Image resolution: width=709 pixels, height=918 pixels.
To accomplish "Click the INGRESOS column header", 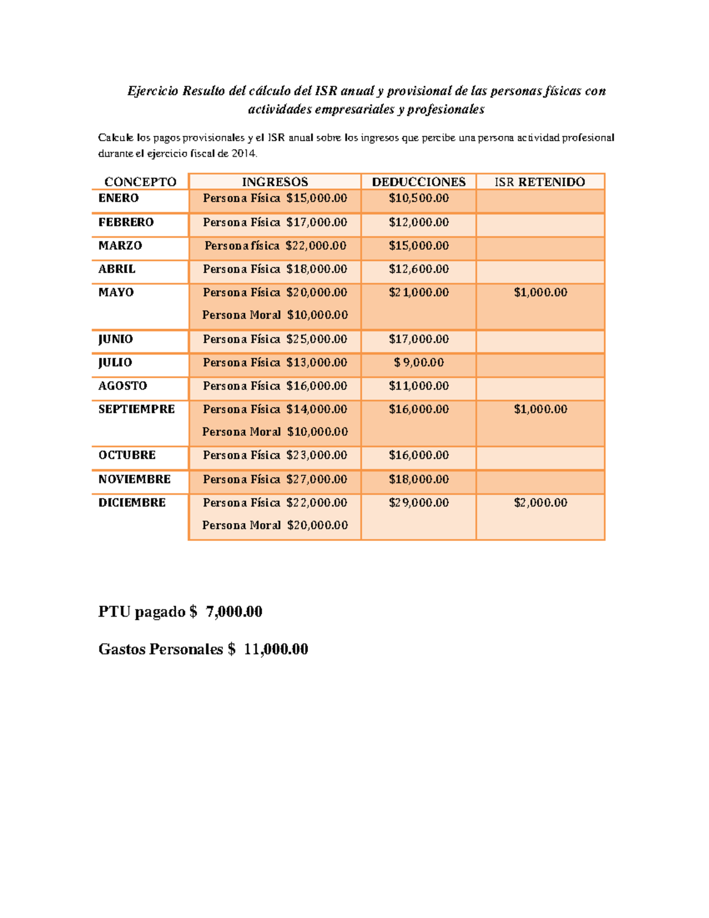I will click(275, 182).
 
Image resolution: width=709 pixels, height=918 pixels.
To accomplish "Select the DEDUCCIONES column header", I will click(418, 182).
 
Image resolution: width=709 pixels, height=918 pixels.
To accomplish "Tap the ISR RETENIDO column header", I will click(539, 182).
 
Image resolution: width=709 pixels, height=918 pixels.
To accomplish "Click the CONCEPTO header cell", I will click(140, 182).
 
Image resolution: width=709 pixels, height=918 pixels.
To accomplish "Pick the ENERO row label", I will click(118, 198).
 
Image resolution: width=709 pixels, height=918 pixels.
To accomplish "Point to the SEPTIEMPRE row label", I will click(136, 409).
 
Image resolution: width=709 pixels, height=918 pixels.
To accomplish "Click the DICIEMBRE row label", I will click(132, 502).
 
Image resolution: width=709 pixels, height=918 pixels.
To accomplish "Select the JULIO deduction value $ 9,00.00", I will click(418, 362).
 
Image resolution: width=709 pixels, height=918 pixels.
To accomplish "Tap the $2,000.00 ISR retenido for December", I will click(540, 502).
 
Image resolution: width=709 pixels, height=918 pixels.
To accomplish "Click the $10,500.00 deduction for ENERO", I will click(418, 198).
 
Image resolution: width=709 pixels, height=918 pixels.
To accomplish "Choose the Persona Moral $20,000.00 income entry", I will click(275, 525).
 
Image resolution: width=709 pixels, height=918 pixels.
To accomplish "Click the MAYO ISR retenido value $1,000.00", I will click(540, 292).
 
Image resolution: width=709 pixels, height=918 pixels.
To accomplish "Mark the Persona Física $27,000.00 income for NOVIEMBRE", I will click(275, 479).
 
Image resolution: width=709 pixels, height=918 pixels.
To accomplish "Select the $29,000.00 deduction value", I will click(418, 502).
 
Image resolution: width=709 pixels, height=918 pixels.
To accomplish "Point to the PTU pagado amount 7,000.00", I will click(234, 611).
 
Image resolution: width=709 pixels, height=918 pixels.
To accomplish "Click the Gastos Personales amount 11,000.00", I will click(275, 649).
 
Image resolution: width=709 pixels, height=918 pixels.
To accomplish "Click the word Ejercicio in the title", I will click(152, 91).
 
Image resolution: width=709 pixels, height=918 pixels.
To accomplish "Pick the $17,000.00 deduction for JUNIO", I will click(418, 339).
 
